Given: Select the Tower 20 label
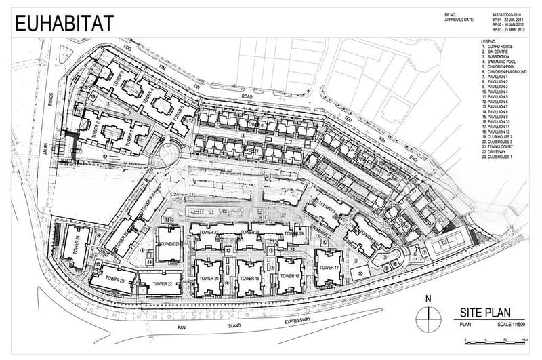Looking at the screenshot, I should [208, 279].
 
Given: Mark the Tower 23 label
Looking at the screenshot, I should [113, 279].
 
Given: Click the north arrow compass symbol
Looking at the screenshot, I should [426, 315].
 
